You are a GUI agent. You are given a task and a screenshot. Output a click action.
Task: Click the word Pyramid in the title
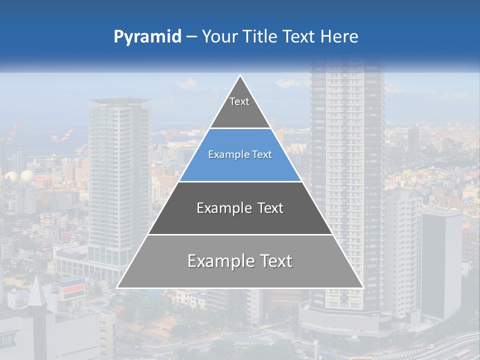pyautogui.click(x=147, y=37)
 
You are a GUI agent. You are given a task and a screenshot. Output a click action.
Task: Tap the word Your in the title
pyautogui.click(x=220, y=36)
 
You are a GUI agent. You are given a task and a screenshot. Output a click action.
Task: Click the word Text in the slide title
pyautogui.click(x=299, y=36)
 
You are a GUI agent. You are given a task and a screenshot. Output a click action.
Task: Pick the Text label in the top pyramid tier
pyautogui.click(x=239, y=101)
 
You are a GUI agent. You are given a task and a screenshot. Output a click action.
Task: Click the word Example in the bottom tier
pyautogui.click(x=219, y=261)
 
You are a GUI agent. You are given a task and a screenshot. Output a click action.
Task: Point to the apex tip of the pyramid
pyautogui.click(x=240, y=75)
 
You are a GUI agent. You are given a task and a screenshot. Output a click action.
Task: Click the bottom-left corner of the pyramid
pyautogui.click(x=117, y=287)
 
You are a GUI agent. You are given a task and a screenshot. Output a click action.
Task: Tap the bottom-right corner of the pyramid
pyautogui.click(x=363, y=287)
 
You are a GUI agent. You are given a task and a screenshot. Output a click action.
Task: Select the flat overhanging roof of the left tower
pyautogui.click(x=120, y=101)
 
